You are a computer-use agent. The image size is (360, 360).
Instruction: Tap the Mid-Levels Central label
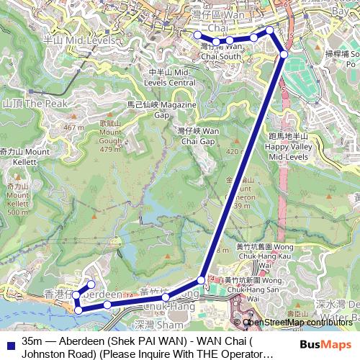tap(171, 78)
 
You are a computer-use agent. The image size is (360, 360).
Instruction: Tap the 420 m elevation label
tap(235, 152)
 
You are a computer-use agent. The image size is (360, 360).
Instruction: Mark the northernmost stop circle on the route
tap(270, 30)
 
